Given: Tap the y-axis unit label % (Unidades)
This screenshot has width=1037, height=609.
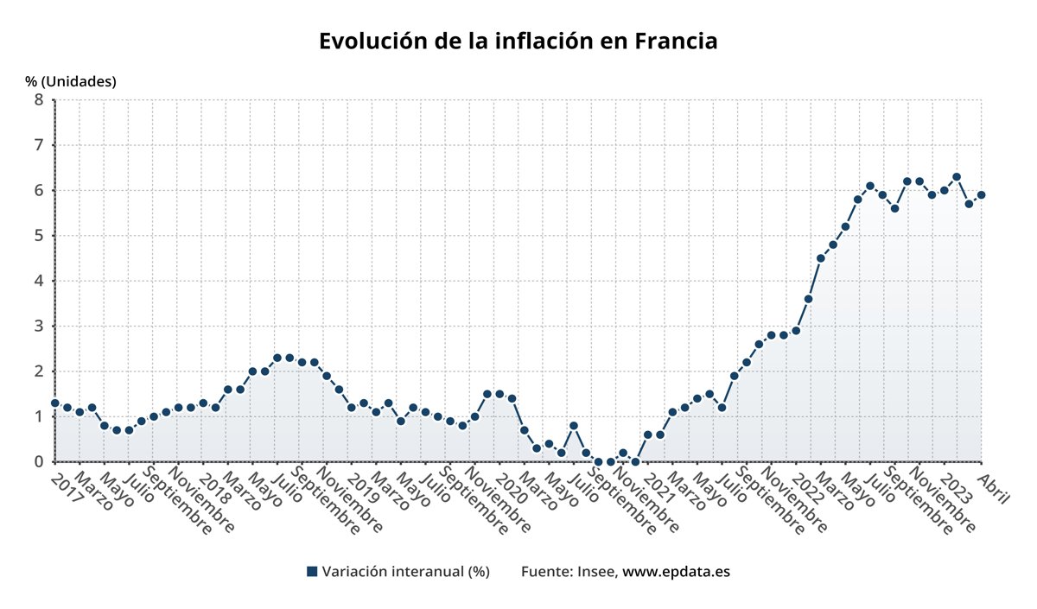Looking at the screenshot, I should coord(71,81).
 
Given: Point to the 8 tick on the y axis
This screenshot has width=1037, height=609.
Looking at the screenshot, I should coord(38,99).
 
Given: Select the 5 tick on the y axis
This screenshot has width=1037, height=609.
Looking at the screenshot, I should coord(38,235).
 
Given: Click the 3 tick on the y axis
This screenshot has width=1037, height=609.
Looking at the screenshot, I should coord(38,326).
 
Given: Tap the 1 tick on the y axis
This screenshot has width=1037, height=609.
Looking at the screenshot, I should coord(38,416).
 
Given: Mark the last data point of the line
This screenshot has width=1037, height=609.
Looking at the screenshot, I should coord(981,194).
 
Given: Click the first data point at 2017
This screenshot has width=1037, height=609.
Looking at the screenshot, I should coord(54,403).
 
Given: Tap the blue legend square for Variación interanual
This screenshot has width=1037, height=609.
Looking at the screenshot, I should coord(312,572).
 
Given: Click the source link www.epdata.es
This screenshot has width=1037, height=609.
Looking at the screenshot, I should coord(676,572).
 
